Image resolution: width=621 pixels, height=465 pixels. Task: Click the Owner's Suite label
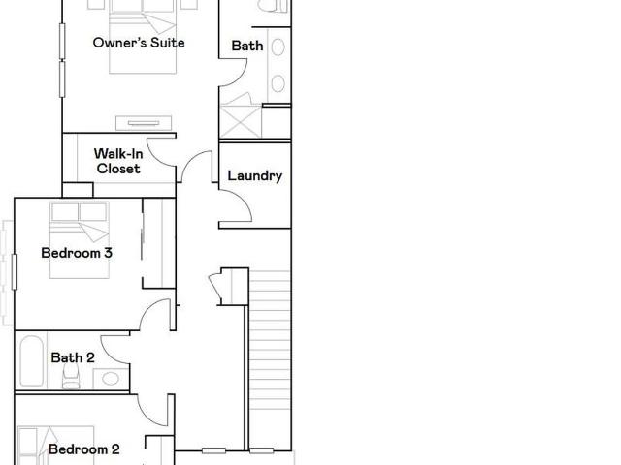[139, 43]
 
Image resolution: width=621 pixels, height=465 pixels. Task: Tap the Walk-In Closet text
[118, 161]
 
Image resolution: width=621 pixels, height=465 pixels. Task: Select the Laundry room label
[255, 176]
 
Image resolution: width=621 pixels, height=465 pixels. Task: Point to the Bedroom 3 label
[77, 253]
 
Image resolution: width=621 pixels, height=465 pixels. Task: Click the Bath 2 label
[73, 357]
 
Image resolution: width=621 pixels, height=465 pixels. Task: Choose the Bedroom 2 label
[84, 449]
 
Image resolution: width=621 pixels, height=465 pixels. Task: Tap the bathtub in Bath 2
[31, 361]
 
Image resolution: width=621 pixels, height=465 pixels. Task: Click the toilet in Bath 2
[71, 377]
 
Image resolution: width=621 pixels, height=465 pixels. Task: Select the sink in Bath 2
[111, 379]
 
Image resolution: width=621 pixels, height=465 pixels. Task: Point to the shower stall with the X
[241, 121]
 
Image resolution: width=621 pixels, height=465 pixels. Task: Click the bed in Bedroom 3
[80, 240]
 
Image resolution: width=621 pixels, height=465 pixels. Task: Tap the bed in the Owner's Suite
[143, 37]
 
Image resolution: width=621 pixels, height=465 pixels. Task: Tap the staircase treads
[270, 340]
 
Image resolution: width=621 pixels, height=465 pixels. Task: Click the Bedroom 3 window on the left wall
[15, 272]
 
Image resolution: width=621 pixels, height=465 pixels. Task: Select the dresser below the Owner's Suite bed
[144, 123]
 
